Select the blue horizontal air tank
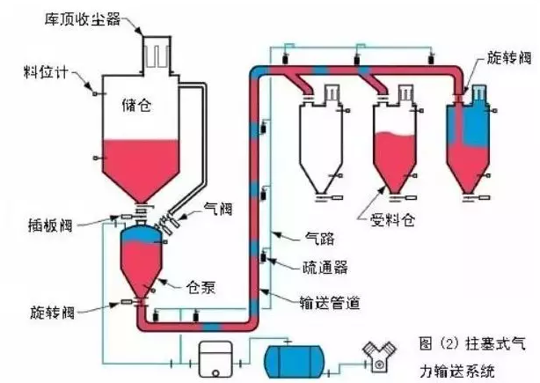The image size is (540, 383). tap(296, 359)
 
